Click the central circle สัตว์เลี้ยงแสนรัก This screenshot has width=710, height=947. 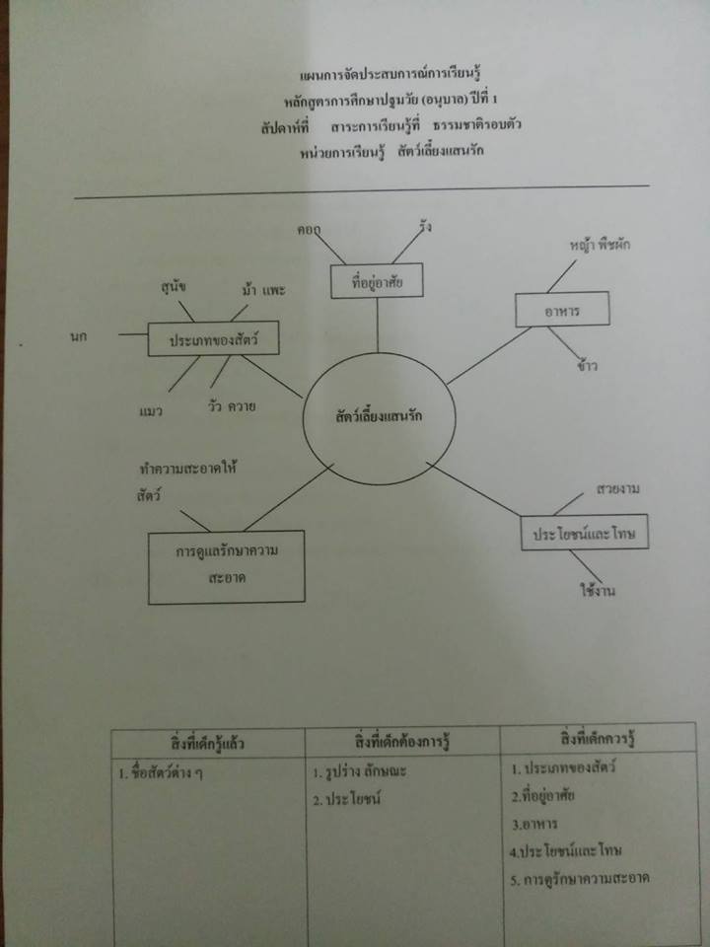click(380, 417)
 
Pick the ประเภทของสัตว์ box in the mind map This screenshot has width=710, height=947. click(208, 338)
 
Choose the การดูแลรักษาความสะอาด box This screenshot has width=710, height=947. click(226, 566)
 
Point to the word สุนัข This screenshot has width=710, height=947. click(175, 286)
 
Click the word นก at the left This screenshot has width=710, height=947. click(80, 338)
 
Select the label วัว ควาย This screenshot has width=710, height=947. click(233, 404)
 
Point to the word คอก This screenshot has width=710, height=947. click(311, 230)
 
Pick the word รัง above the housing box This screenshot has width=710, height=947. click(425, 228)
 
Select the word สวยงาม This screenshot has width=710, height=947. click(621, 488)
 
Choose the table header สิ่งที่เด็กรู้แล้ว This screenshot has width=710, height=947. click(208, 741)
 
